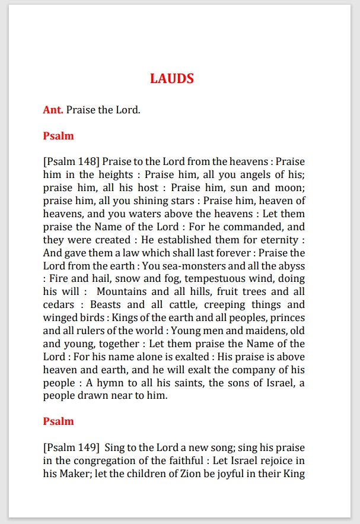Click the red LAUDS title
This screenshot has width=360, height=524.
pyautogui.click(x=172, y=78)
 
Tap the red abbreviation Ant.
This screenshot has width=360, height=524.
pyautogui.click(x=53, y=110)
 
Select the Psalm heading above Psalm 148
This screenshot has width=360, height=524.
pyautogui.click(x=58, y=136)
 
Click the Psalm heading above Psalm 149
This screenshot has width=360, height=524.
pyautogui.click(x=58, y=421)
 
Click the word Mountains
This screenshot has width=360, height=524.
pyautogui.click(x=121, y=292)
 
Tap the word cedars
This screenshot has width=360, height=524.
pyautogui.click(x=59, y=305)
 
